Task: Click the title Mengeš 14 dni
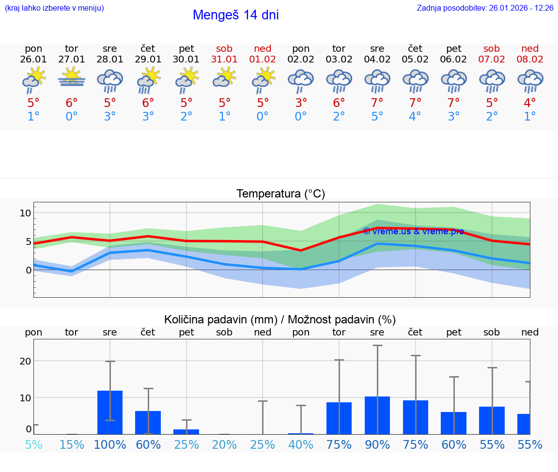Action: coord(235,15)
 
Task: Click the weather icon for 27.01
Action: coord(72,77)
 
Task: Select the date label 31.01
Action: coord(224,59)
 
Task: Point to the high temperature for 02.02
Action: coord(301,103)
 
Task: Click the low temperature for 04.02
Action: coord(377,117)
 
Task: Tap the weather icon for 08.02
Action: coord(530,80)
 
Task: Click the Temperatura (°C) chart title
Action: coord(280,194)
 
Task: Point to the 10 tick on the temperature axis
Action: coord(26,213)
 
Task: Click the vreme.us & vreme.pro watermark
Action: coord(413,231)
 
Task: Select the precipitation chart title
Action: coord(280,320)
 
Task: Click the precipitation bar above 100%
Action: coord(110,412)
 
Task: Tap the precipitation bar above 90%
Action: coord(377,415)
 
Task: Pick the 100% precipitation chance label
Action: coord(110,445)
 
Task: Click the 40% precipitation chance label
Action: coord(301,445)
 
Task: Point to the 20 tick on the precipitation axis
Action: coord(25,361)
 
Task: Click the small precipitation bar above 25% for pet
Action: coord(186,431)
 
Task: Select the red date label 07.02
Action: coord(492,59)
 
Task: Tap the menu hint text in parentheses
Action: coord(54,8)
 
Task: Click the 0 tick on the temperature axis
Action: coord(28,270)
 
